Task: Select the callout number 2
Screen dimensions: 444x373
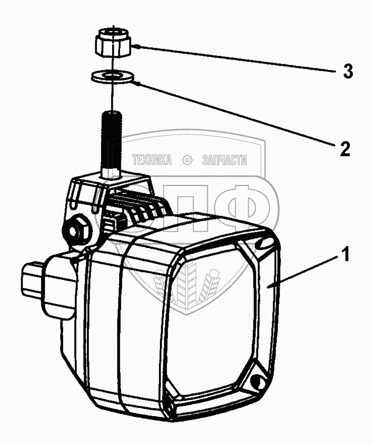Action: point(344,149)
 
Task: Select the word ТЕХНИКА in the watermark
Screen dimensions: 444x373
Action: point(152,160)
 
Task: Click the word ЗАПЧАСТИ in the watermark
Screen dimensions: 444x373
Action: point(224,160)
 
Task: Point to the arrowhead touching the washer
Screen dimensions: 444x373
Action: point(136,83)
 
